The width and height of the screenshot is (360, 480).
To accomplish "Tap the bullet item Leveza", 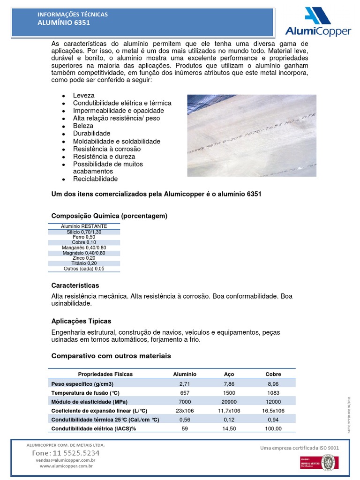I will [x=83, y=95].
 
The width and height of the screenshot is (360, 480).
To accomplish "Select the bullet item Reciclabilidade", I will [x=95, y=179].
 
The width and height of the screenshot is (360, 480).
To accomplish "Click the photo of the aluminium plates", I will [x=252, y=135].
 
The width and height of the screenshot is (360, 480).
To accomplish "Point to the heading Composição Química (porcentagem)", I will [x=109, y=216].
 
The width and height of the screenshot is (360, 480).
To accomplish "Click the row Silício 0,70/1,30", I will [x=84, y=232].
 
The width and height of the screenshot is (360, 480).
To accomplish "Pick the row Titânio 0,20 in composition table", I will [x=84, y=263].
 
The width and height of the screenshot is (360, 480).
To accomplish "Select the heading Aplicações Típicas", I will [x=81, y=321].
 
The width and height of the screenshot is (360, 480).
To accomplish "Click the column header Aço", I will [x=229, y=374].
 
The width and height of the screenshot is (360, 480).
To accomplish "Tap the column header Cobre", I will [x=273, y=374].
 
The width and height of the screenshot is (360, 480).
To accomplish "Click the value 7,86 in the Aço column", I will [x=229, y=383].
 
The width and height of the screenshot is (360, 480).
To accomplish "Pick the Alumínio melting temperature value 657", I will [x=185, y=392].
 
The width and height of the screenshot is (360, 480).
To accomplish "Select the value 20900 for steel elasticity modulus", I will [x=229, y=402].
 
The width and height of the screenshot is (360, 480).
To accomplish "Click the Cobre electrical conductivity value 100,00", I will [x=273, y=428].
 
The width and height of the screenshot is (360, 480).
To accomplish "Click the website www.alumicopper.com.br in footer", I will [x=66, y=466].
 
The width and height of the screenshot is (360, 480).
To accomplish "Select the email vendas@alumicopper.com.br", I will [x=66, y=460].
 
